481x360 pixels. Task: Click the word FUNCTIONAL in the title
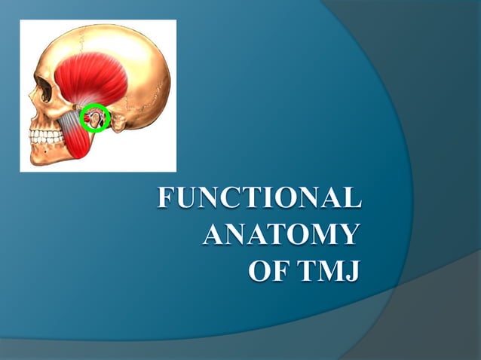259,199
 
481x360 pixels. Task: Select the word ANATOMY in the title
280,234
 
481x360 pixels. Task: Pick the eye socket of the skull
44,89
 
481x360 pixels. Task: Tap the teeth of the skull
45,137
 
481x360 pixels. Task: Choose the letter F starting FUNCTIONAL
166,199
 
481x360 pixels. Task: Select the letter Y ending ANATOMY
348,234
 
